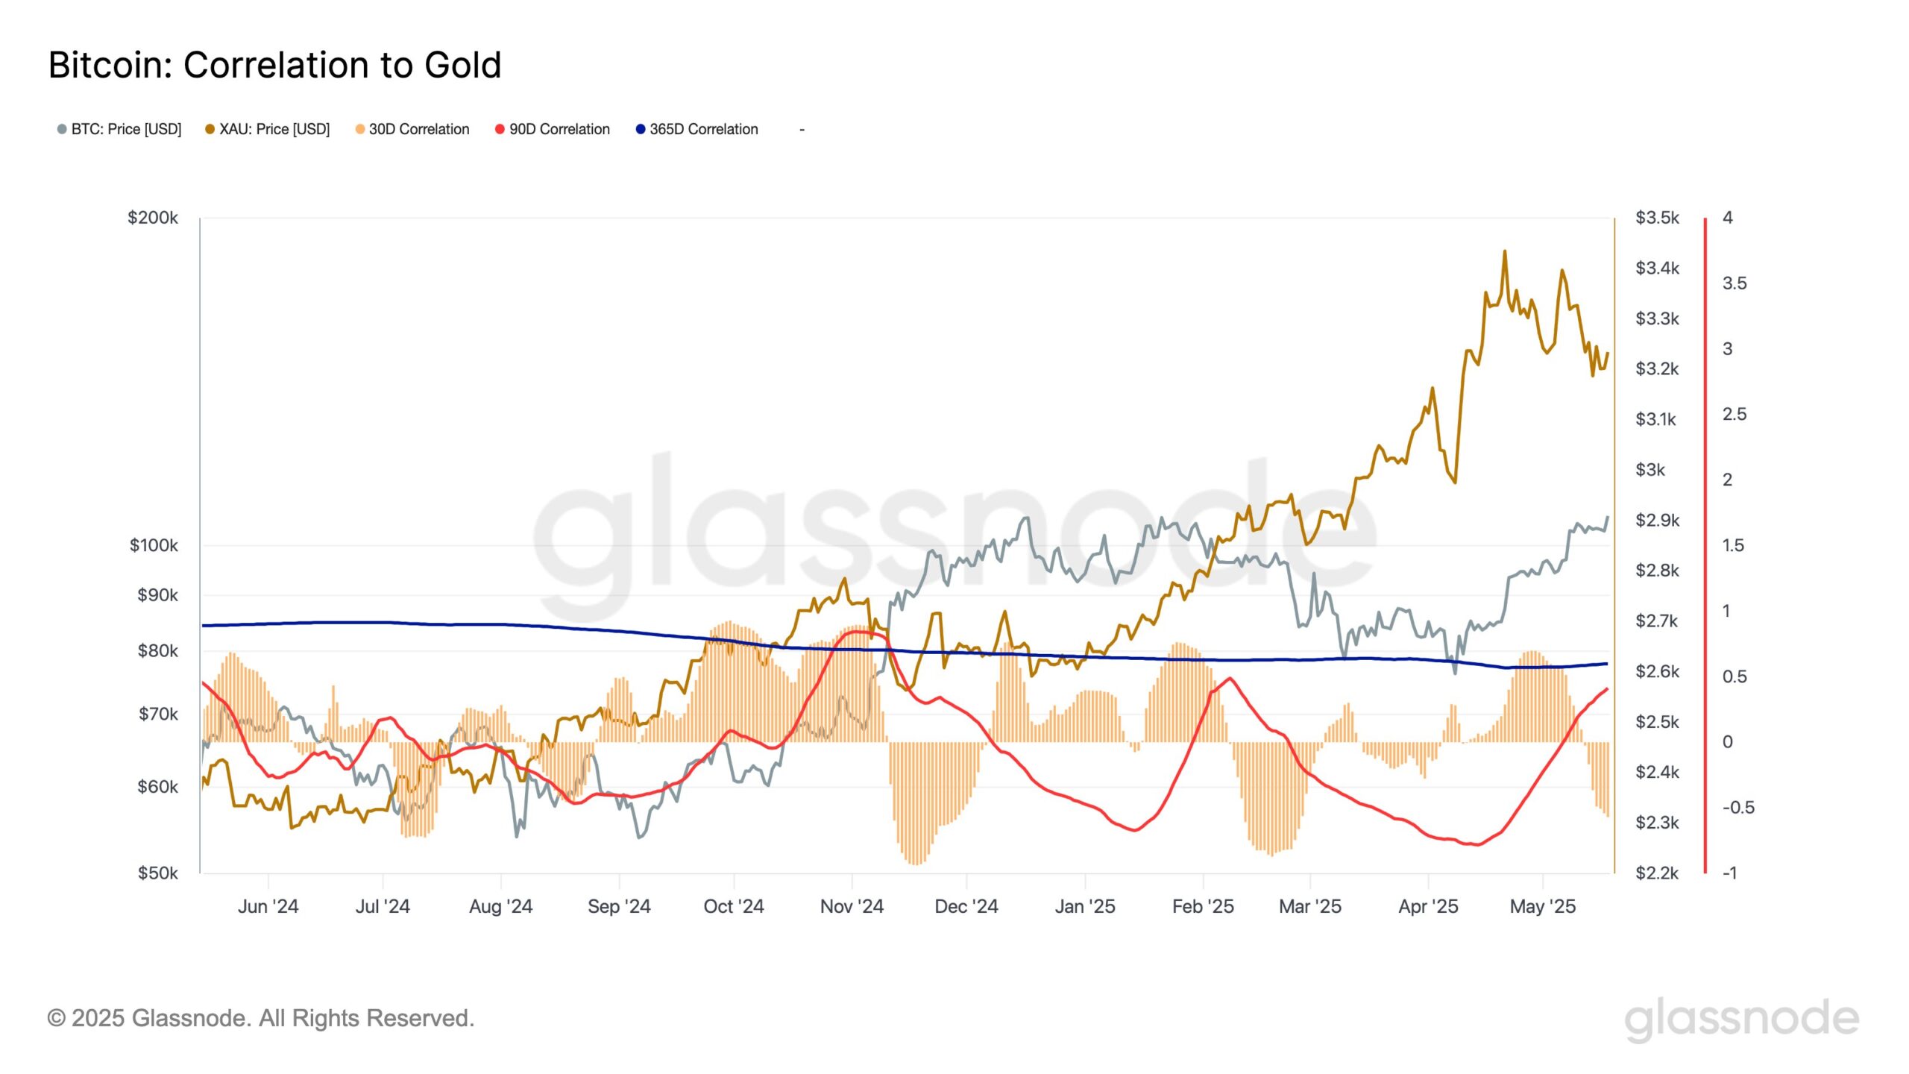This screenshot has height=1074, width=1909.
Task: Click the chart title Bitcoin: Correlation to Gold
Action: coord(274,66)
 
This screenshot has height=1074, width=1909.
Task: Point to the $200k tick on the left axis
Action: coord(153,218)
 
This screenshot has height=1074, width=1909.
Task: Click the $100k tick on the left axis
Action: coord(154,545)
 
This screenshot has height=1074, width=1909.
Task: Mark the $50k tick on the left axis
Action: coord(157,873)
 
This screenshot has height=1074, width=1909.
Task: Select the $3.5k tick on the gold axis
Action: coord(1657,218)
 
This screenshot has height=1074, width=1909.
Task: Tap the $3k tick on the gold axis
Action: coord(1649,470)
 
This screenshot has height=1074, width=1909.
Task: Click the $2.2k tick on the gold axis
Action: coord(1656,873)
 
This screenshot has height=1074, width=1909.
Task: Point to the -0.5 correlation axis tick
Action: coord(1737,808)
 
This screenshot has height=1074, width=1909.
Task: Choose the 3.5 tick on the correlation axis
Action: coord(1734,283)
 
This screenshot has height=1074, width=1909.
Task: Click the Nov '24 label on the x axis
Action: coord(852,906)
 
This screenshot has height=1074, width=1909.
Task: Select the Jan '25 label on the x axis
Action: coord(1084,906)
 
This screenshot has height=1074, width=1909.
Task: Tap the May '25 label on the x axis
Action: coord(1542,906)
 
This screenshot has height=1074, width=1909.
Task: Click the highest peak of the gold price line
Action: coord(1504,252)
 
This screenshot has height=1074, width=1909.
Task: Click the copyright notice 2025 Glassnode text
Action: coord(261,1018)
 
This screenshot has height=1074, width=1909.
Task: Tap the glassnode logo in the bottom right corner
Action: coord(1741,1020)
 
